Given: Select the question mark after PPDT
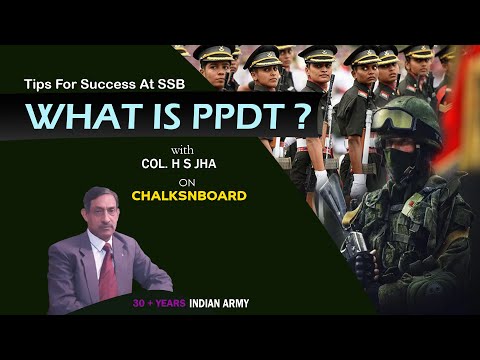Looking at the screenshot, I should click(x=299, y=117).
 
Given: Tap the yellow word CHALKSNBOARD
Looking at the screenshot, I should click(x=188, y=196).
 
